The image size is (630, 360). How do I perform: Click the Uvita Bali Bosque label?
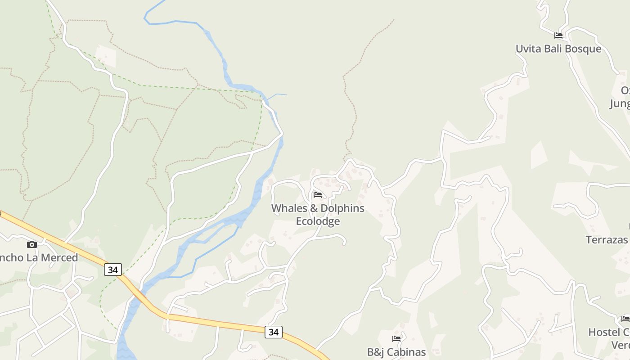click(558, 49)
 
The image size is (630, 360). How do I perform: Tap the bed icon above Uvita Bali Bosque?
click(558, 35)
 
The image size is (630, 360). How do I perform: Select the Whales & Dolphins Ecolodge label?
click(318, 215)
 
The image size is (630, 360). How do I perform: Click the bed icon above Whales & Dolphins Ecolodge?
click(318, 195)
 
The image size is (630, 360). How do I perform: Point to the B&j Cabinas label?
click(396, 352)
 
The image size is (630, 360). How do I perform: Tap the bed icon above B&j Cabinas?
click(396, 339)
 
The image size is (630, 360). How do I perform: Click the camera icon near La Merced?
click(31, 244)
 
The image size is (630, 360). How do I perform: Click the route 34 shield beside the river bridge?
click(113, 270)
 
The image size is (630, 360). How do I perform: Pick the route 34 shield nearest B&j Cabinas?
click(273, 332)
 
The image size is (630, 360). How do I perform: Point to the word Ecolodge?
click(318, 221)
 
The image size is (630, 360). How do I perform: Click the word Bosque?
click(580, 49)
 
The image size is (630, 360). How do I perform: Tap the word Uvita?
click(528, 49)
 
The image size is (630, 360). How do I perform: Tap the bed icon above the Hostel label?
click(625, 319)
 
